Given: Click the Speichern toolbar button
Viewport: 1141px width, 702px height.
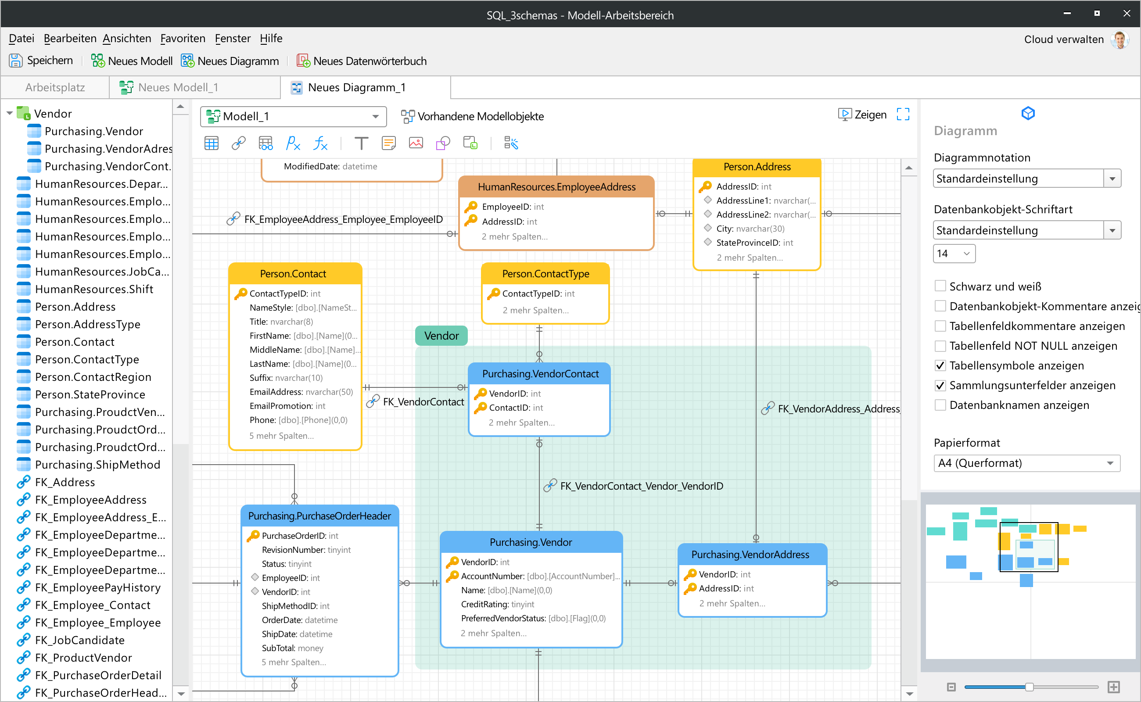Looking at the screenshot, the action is [x=41, y=61].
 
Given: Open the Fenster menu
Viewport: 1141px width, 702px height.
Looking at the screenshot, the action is [x=233, y=39].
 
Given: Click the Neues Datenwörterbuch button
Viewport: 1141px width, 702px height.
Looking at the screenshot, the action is [x=361, y=61].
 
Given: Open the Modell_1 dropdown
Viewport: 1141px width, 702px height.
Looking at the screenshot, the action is [x=293, y=116].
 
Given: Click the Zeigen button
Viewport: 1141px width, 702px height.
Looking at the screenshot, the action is [x=862, y=115].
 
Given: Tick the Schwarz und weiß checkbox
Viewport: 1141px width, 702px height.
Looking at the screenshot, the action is [x=940, y=286].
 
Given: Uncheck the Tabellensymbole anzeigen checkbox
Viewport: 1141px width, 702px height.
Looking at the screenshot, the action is [x=940, y=365].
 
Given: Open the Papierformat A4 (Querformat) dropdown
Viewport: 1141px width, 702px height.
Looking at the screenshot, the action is [x=1026, y=463].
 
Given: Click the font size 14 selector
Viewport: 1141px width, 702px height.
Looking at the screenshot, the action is [x=954, y=254].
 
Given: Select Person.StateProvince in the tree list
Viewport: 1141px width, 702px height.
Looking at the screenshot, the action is [x=90, y=394].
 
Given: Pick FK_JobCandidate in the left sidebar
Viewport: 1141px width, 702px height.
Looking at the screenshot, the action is [x=79, y=640].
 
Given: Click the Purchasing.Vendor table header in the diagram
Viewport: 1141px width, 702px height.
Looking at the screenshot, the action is [x=531, y=542].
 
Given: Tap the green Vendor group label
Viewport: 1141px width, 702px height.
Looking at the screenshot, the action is [x=441, y=336].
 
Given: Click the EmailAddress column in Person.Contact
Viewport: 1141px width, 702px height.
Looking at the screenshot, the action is [x=301, y=392].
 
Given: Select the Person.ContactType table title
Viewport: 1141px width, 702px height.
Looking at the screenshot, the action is [x=545, y=274].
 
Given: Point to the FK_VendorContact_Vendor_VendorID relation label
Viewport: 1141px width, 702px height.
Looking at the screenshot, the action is [x=641, y=486].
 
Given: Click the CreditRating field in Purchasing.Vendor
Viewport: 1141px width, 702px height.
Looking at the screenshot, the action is [x=497, y=604].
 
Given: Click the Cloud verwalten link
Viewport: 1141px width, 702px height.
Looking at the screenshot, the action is [x=1063, y=39].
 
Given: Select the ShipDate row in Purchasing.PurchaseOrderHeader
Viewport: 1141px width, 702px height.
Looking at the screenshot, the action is [x=300, y=634].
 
